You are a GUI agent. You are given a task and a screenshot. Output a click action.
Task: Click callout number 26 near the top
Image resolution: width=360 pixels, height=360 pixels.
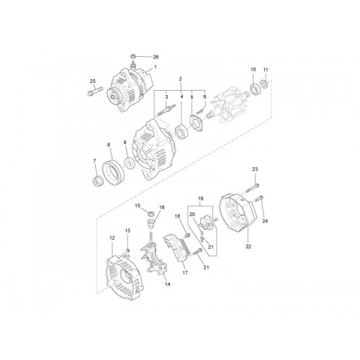pos(156,57)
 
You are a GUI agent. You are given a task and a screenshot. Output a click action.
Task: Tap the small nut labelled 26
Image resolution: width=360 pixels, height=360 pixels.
pos(132,56)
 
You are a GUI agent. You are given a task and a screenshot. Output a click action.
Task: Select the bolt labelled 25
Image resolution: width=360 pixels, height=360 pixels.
pos(94,91)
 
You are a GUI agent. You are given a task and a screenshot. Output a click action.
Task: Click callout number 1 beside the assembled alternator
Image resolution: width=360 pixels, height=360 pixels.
pos(156,67)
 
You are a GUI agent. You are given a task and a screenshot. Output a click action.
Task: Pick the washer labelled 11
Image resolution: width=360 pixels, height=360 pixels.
pos(264,84)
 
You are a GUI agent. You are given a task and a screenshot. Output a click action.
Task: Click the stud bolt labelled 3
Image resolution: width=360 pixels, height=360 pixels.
pos(166,109)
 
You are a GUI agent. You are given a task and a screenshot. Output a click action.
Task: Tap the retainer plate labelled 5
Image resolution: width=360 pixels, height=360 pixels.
pos(197,123)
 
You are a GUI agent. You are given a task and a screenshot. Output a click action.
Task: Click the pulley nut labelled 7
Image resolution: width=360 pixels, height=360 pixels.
pos(97,181)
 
